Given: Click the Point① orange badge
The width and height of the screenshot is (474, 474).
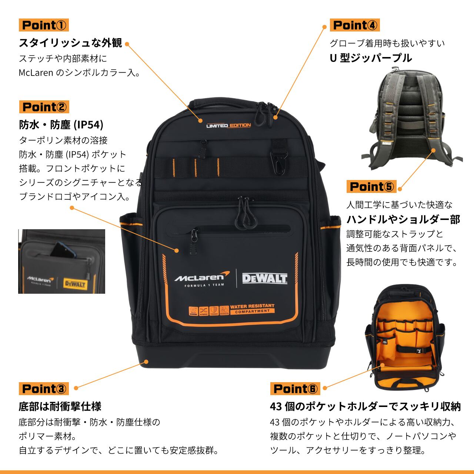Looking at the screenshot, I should pyautogui.click(x=44, y=25).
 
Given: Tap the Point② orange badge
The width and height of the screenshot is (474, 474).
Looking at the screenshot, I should pyautogui.click(x=44, y=107).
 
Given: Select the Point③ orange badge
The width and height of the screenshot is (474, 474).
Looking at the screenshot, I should pyautogui.click(x=44, y=388).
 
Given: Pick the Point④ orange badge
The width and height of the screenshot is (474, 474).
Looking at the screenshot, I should pyautogui.click(x=355, y=25).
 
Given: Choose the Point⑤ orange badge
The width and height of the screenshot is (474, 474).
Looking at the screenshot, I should pyautogui.click(x=371, y=186).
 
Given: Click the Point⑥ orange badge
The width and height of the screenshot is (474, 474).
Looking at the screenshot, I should pyautogui.click(x=295, y=388).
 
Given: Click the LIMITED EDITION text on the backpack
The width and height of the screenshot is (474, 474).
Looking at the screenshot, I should pyautogui.click(x=228, y=126).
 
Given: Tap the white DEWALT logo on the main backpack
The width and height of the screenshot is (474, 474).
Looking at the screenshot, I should pyautogui.click(x=265, y=278).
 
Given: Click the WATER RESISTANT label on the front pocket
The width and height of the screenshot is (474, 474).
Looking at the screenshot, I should pyautogui.click(x=252, y=308).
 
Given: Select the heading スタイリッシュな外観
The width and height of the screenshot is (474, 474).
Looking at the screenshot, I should pyautogui.click(x=70, y=43).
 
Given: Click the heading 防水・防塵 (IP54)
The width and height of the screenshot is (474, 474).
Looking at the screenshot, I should pyautogui.click(x=61, y=124).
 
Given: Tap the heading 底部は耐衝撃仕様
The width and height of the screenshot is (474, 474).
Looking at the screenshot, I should pyautogui.click(x=60, y=406).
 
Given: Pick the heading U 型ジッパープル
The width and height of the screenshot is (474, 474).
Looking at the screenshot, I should pyautogui.click(x=371, y=58).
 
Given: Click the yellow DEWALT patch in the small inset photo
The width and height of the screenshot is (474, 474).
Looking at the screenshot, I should pyautogui.click(x=75, y=284).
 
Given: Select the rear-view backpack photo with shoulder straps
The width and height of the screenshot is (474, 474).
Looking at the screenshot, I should pyautogui.click(x=411, y=118).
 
